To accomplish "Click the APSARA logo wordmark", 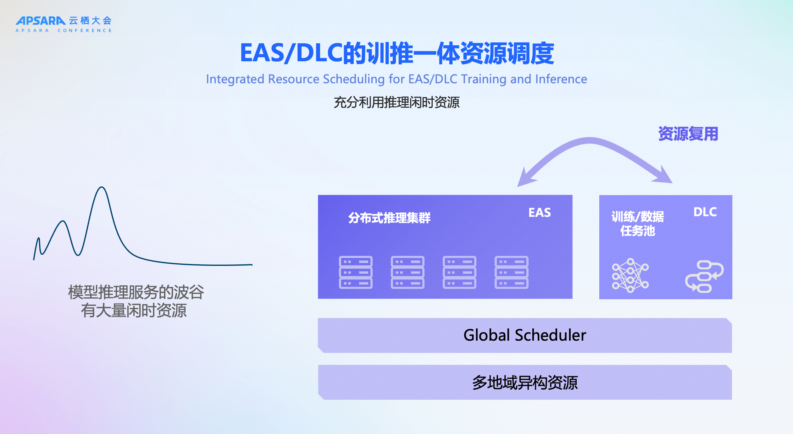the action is (x=41, y=21).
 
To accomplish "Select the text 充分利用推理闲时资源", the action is (x=396, y=102).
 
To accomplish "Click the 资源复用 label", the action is (x=688, y=134).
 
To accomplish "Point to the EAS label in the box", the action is (x=540, y=213).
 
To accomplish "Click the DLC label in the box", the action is (x=705, y=212).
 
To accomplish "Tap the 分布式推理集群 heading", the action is (x=389, y=218).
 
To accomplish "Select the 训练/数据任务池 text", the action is (x=638, y=224).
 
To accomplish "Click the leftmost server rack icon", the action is (x=356, y=272).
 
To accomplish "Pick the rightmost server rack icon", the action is (x=511, y=272).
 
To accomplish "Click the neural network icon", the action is (x=630, y=276).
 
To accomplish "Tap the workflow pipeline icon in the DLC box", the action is (x=704, y=277).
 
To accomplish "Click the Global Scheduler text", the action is (x=525, y=335).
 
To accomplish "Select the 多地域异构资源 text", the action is (x=525, y=383).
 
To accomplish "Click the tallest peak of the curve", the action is (x=102, y=187).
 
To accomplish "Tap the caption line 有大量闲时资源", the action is (x=134, y=310).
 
